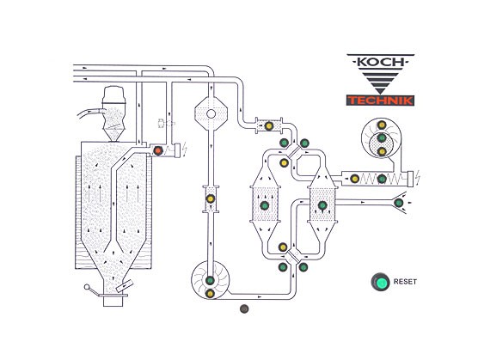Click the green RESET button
pos(380,282)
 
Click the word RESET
pos(405,282)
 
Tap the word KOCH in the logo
pos(380,62)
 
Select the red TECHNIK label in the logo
pos(380,101)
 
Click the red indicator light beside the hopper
pos(158,150)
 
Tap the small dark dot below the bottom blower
pos(244,308)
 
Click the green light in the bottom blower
pos(210,280)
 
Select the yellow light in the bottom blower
pos(210,294)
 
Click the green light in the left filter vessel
pos(265,205)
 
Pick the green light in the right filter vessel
pos(322,205)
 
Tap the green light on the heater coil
pos(382,179)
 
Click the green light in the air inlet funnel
pos(398,203)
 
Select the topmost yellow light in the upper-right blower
pos(382,125)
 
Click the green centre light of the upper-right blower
pos(382,138)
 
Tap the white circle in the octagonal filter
pos(211,114)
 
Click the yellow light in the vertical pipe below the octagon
pos(210,198)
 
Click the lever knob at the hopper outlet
pos(87,287)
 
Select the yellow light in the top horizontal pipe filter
pos(268,125)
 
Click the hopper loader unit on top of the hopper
pos(113,113)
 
